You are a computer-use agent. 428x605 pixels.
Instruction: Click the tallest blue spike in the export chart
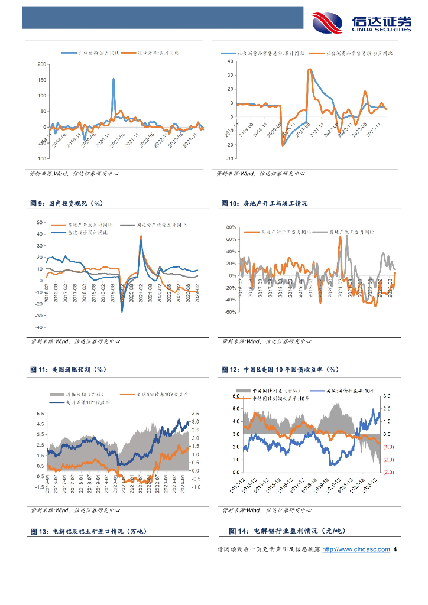click(113, 79)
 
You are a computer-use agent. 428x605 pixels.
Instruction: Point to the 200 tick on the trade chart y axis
click(41, 64)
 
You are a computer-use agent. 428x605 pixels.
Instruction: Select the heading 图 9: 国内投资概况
click(66, 203)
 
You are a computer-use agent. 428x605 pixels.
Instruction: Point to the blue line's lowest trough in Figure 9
click(122, 311)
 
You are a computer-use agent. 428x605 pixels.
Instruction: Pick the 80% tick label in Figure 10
click(231, 227)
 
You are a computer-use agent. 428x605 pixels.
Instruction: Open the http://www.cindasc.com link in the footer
click(359, 549)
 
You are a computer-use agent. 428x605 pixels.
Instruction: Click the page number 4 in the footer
click(395, 549)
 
